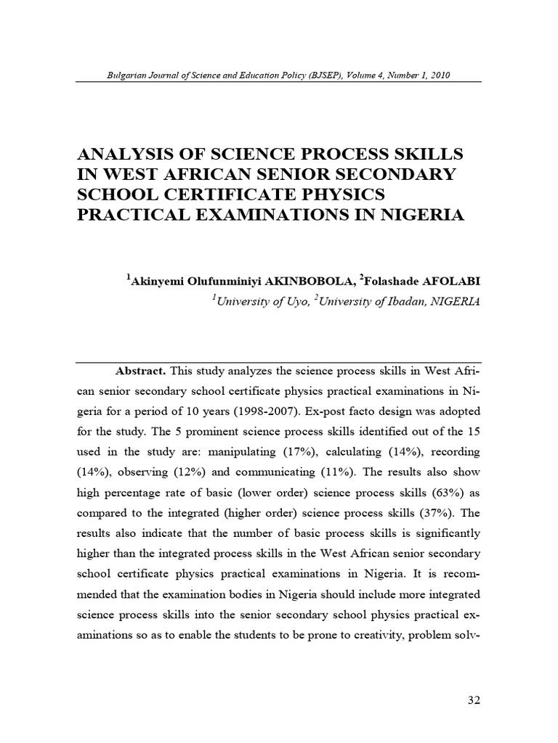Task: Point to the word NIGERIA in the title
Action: (x=416, y=216)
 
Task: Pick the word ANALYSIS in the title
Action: (x=123, y=154)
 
